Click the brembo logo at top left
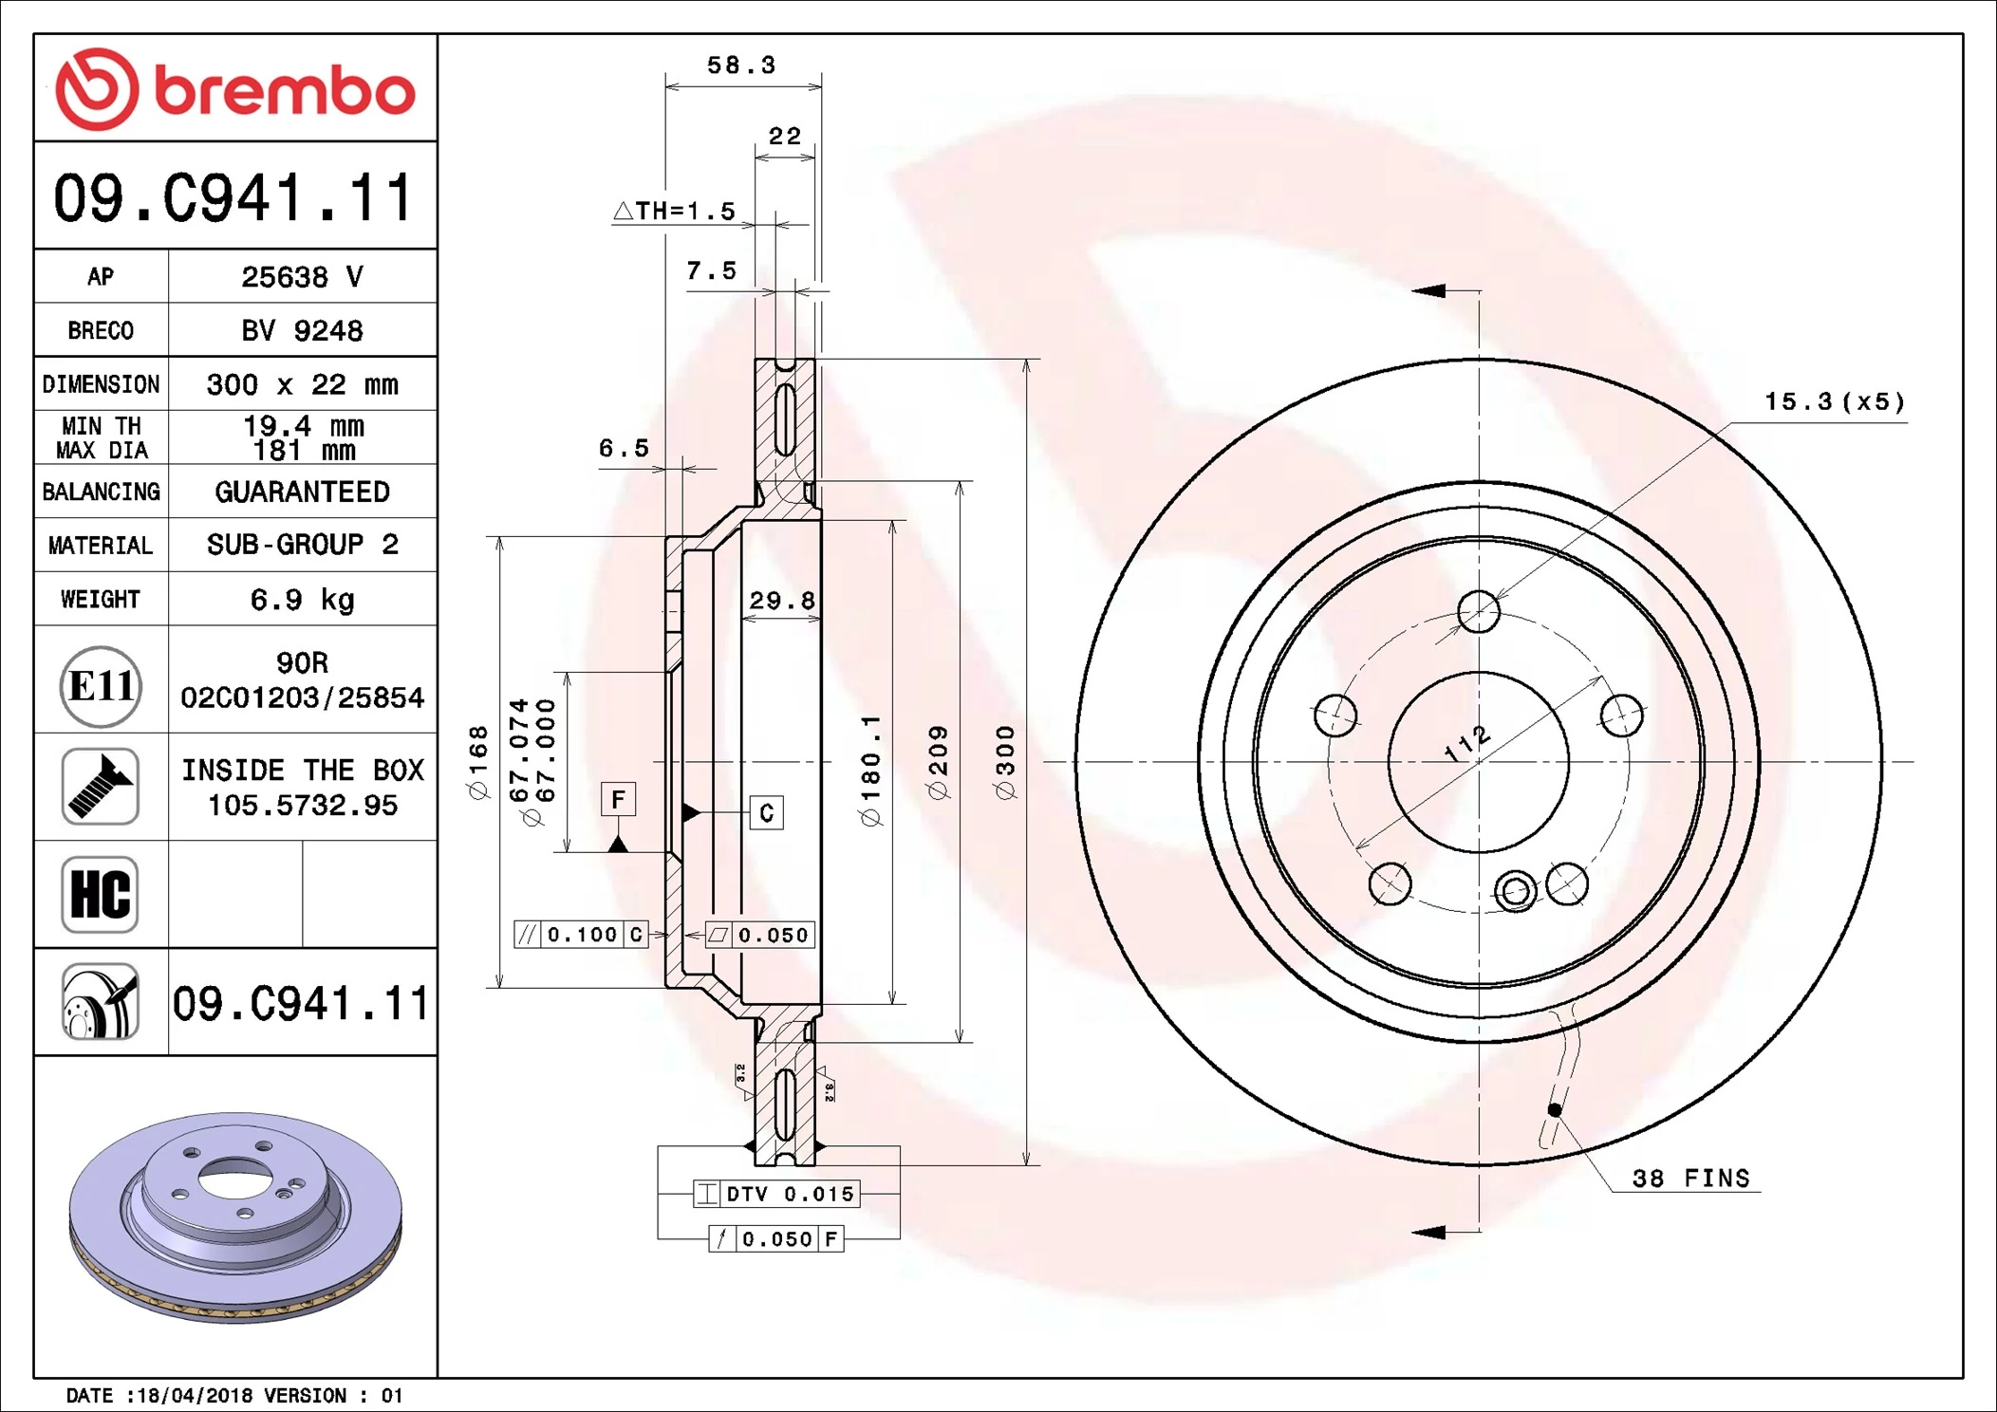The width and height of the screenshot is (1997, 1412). (x=234, y=89)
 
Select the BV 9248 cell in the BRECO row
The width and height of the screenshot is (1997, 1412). (x=302, y=330)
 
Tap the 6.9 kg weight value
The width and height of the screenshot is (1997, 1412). (x=302, y=600)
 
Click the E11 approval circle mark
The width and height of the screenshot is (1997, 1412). (x=101, y=686)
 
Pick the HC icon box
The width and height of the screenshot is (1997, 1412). (x=100, y=894)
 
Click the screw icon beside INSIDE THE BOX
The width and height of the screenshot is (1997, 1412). (x=101, y=786)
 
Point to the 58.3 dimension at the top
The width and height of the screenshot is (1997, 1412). (x=741, y=65)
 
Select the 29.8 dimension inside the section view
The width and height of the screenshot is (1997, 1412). (x=781, y=601)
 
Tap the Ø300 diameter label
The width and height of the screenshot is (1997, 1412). (x=1005, y=762)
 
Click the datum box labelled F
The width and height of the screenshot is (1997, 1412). (x=618, y=800)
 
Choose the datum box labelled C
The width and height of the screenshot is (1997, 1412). (x=766, y=812)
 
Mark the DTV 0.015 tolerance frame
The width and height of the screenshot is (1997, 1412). (x=776, y=1194)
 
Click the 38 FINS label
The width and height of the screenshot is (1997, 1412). (x=1690, y=1179)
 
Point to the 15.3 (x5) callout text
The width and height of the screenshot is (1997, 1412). (x=1834, y=402)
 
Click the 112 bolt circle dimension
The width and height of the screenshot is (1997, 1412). (x=1467, y=743)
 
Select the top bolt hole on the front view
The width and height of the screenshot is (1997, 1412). (x=1478, y=611)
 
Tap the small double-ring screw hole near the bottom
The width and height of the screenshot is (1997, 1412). (x=1515, y=891)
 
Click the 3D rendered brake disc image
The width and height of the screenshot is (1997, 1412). (x=235, y=1217)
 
